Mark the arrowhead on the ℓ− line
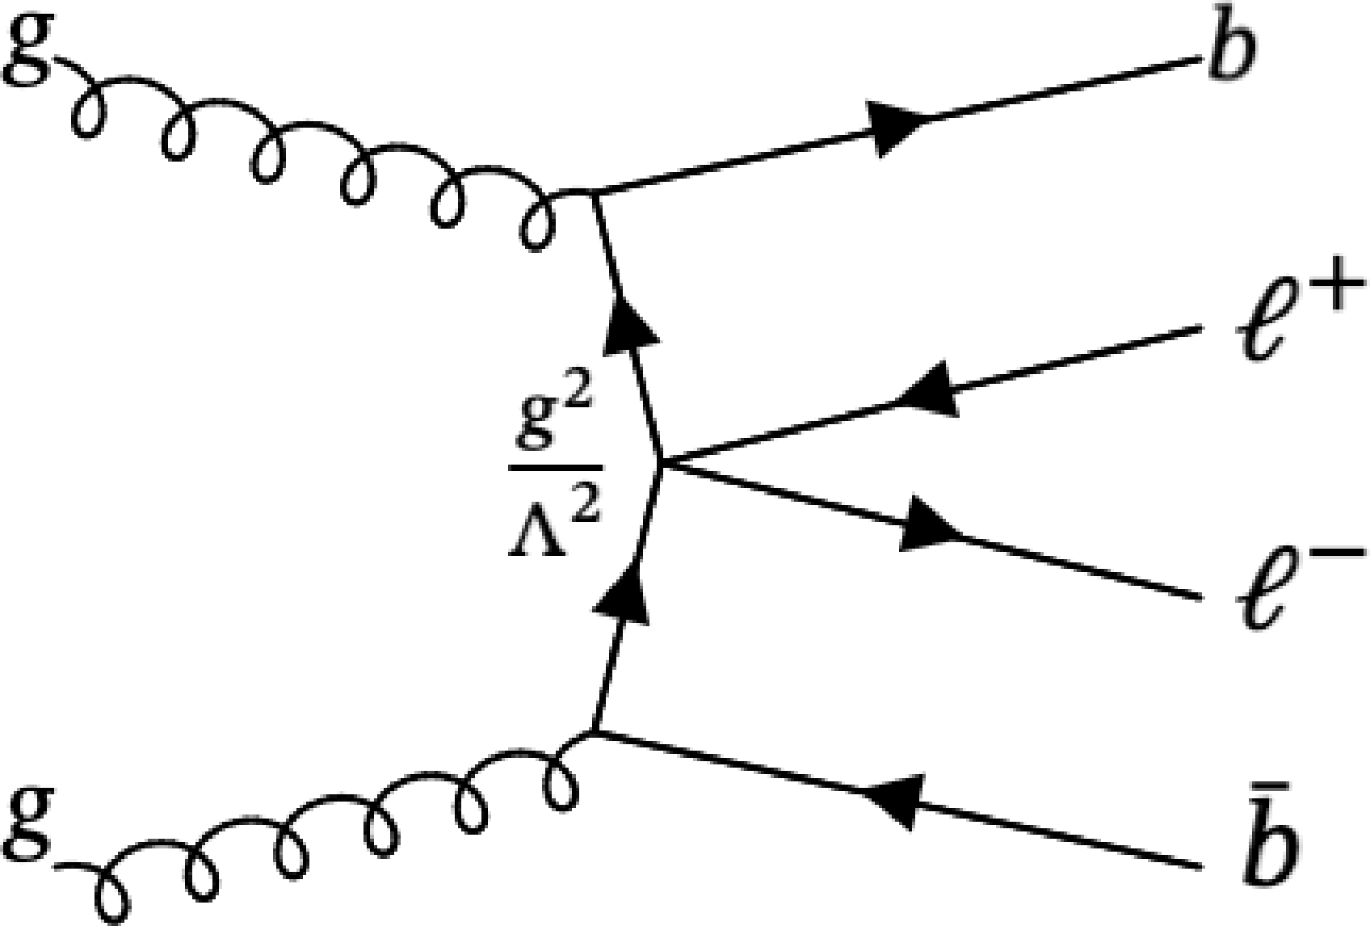click(x=929, y=525)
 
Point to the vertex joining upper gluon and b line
click(x=594, y=192)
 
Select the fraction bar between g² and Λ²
click(x=554, y=467)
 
